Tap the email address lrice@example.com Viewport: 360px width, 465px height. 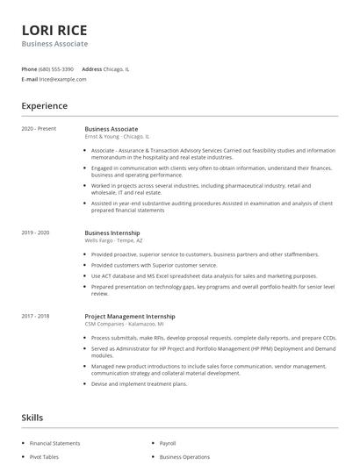pos(63,79)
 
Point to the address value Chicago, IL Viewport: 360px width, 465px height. pos(116,68)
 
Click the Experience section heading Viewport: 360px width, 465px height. pos(44,106)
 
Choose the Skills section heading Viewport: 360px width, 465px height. pos(32,418)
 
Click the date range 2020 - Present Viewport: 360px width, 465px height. pos(39,129)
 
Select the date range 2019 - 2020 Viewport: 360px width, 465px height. pos(36,232)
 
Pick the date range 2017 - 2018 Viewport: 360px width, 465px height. pos(36,315)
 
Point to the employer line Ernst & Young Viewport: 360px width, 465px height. pos(117,137)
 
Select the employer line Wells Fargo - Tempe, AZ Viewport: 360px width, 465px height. pos(113,240)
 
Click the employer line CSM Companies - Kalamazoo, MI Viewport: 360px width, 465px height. pos(124,323)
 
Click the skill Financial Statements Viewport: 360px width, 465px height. pos(54,443)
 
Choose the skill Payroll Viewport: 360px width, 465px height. pos(169,443)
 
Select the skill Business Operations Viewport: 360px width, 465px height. pos(184,457)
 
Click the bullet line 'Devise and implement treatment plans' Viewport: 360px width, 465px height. pos(139,383)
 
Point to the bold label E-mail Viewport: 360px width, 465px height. pos(29,79)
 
